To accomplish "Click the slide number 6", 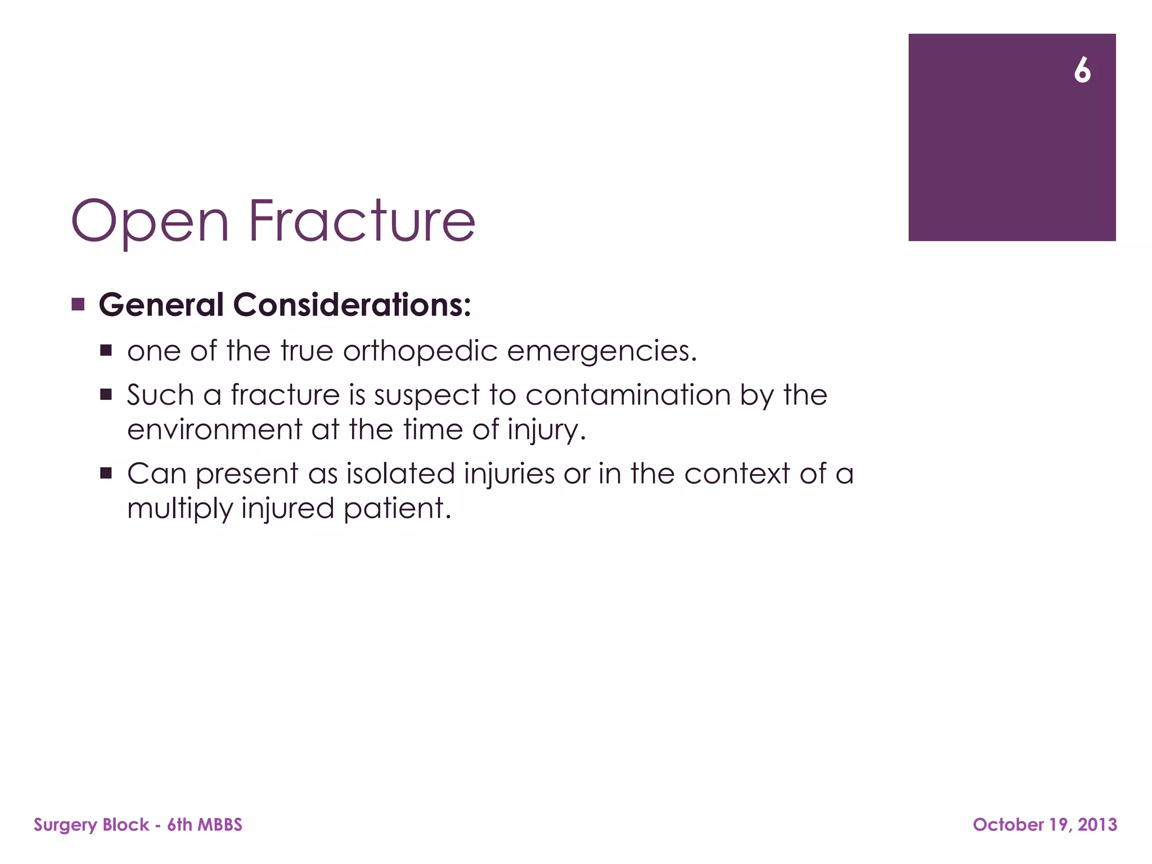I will tap(1082, 71).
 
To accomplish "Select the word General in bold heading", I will tap(161, 305).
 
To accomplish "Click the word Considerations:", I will tap(352, 305).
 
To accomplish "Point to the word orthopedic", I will tap(420, 351).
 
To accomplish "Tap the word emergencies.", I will tap(602, 351).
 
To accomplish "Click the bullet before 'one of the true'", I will tap(106, 351).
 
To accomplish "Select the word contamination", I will tap(628, 395).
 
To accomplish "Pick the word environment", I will tap(214, 430).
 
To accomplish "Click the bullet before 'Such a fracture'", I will tap(106, 395).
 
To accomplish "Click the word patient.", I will tap(397, 509).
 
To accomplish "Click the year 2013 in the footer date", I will tap(1097, 825).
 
